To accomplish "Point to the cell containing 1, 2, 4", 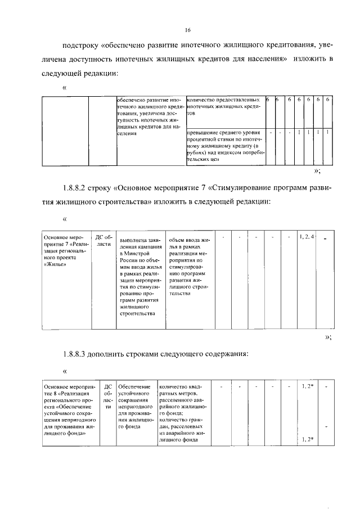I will pyautogui.click(x=307, y=236).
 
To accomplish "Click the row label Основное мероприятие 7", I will pyautogui.click(x=64, y=250).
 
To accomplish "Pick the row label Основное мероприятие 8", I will pyautogui.click(x=69, y=410).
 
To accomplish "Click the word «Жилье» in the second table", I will pyautogui.click(x=55, y=266).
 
